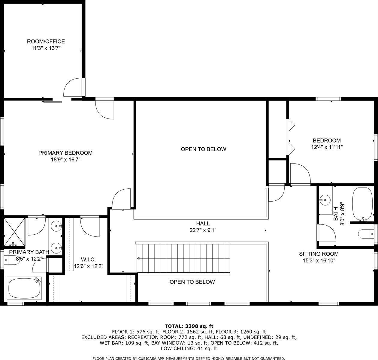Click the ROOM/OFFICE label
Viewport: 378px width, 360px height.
(x=46, y=41)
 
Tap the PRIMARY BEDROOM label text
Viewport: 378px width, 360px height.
(x=65, y=153)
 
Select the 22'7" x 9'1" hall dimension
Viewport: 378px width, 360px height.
(x=203, y=230)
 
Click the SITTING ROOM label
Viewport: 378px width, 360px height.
(x=319, y=254)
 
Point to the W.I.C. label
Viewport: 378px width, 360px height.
(x=88, y=259)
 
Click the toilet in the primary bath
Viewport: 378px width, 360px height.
(x=11, y=260)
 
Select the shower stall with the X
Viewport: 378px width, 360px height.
(x=14, y=232)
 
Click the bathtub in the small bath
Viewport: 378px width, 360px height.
(x=362, y=204)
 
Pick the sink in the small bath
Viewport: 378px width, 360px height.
(x=325, y=200)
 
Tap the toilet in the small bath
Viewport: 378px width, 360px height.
(x=366, y=234)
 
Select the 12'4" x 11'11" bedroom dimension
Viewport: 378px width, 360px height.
(x=327, y=147)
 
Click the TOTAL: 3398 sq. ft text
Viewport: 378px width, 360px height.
(x=189, y=326)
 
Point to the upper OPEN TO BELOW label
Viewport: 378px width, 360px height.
(x=204, y=149)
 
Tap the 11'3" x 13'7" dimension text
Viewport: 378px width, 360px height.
(x=46, y=48)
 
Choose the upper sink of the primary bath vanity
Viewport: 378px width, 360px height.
(x=56, y=226)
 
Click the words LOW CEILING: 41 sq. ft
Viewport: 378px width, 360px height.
(x=189, y=349)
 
